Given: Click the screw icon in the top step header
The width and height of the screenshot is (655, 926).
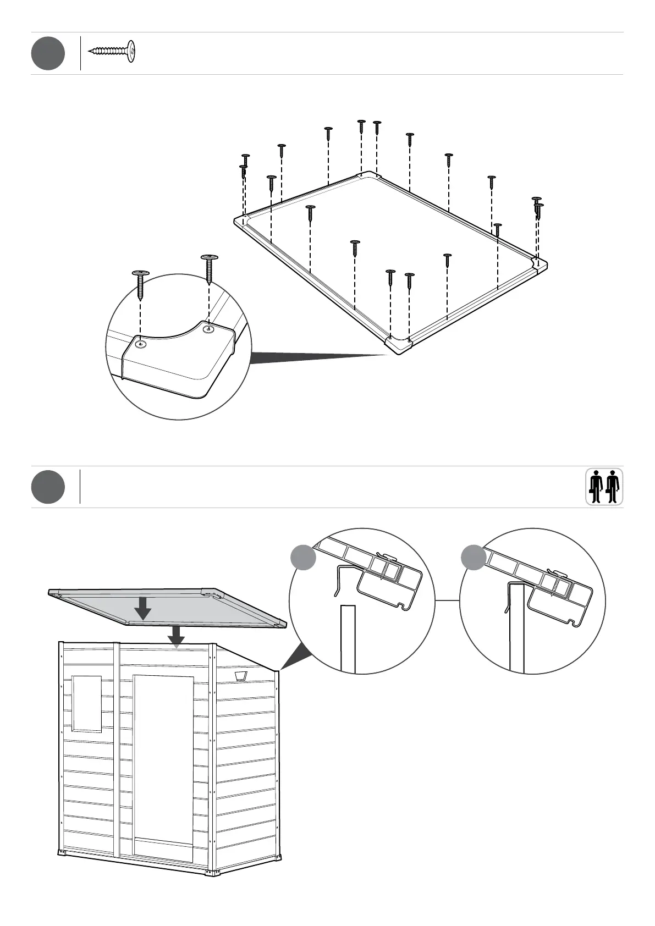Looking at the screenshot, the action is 112,52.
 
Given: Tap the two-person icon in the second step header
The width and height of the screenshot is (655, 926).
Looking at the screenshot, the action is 604,486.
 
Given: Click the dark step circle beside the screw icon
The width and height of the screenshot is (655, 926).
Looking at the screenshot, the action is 48,53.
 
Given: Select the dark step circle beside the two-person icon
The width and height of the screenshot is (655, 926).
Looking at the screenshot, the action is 48,487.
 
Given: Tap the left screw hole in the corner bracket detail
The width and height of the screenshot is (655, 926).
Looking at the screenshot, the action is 141,344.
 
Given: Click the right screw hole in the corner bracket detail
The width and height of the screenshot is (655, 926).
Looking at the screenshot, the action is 208,329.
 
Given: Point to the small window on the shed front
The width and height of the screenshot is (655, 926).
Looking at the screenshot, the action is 87,703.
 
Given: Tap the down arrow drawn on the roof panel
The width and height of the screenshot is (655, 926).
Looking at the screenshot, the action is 144,608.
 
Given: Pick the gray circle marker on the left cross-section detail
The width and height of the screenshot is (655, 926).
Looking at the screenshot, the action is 303,556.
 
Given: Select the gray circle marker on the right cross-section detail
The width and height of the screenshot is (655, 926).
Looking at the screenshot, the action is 473,556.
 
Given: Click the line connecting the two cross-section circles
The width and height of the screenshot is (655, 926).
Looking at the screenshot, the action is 448,600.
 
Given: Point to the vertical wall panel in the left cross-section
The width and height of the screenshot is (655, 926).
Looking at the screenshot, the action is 348,638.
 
